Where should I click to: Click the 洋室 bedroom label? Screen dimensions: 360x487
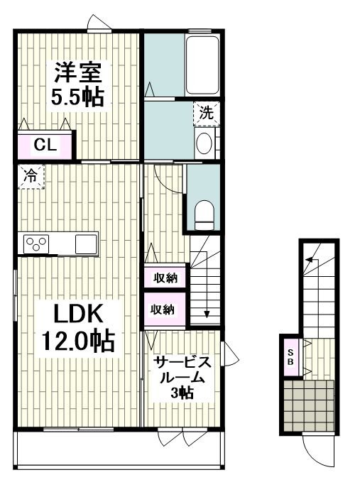(x=78, y=72)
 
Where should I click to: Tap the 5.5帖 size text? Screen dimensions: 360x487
(x=77, y=97)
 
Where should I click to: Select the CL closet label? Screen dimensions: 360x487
(x=45, y=145)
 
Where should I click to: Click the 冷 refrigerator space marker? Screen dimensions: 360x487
(x=31, y=176)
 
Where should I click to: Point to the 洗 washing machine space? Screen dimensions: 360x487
(x=206, y=113)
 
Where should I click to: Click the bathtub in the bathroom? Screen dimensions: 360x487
(x=202, y=65)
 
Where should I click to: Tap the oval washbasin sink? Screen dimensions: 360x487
(x=204, y=143)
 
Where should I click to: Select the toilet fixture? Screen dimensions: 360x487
(x=204, y=214)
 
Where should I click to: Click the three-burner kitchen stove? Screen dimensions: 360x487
(x=37, y=243)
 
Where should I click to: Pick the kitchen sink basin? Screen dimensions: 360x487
(x=86, y=243)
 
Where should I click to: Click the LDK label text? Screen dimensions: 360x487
(x=78, y=313)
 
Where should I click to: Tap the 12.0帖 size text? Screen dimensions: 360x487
(x=78, y=341)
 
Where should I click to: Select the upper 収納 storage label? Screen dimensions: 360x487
(x=166, y=278)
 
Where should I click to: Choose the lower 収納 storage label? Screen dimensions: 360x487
(x=163, y=310)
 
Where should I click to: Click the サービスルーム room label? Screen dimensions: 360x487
(x=182, y=370)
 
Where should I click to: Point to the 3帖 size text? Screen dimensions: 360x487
(x=182, y=393)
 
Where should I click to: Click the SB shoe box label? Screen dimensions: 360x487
(x=290, y=357)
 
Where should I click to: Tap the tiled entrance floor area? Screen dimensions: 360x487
(x=309, y=405)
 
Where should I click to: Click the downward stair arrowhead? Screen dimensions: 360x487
(x=207, y=314)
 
